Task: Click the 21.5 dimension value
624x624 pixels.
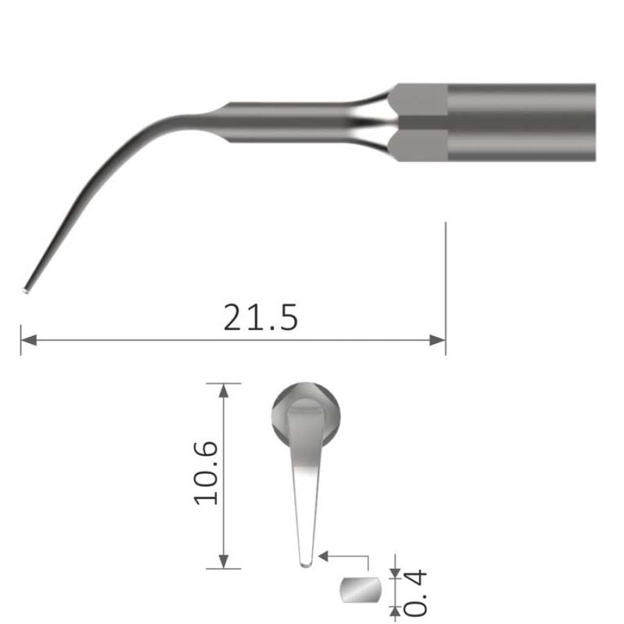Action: (261, 318)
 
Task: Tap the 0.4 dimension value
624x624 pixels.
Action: (415, 593)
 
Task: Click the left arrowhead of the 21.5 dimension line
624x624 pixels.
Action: (28, 340)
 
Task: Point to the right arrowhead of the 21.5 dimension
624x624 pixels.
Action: (438, 340)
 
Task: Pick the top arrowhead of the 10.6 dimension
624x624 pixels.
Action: (223, 389)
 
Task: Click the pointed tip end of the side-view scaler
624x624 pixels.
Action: (26, 287)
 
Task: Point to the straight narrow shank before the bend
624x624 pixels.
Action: (291, 123)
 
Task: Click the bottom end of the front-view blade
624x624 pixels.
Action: (306, 563)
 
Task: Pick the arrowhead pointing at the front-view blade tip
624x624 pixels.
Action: (323, 555)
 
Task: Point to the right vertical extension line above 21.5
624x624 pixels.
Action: (445, 277)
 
